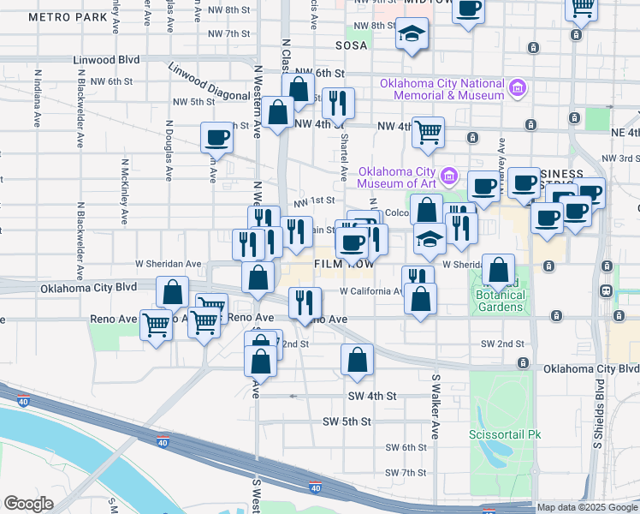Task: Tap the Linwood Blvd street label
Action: pyautogui.click(x=106, y=60)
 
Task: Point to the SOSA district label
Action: pyautogui.click(x=351, y=45)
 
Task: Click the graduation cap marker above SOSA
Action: pyautogui.click(x=412, y=36)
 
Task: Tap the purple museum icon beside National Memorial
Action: pyautogui.click(x=517, y=88)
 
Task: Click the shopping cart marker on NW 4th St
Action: pyautogui.click(x=428, y=133)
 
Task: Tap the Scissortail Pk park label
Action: pyautogui.click(x=505, y=434)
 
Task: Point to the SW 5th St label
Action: pyautogui.click(x=347, y=421)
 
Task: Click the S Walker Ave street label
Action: pyautogui.click(x=436, y=407)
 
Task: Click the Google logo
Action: pyautogui.click(x=28, y=504)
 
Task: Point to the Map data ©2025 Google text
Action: pyautogui.click(x=587, y=507)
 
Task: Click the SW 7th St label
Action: pyautogui.click(x=406, y=473)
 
